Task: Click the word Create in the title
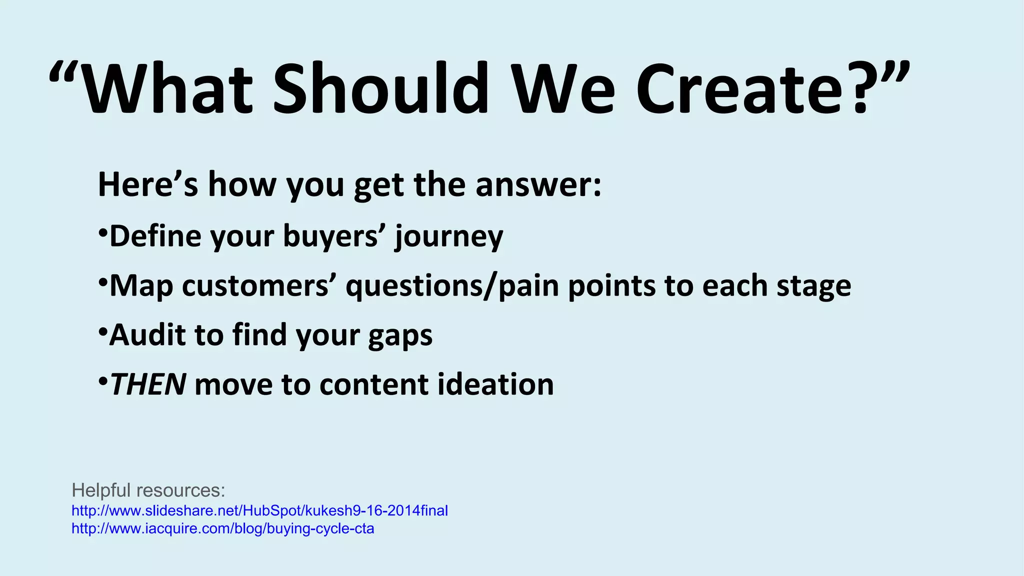[741, 90]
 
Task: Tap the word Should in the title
[380, 90]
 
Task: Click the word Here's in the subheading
[148, 184]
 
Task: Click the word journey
[449, 237]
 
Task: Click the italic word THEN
[148, 384]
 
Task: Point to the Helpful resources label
[148, 490]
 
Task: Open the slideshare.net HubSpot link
[259, 510]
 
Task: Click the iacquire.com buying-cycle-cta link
[222, 528]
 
